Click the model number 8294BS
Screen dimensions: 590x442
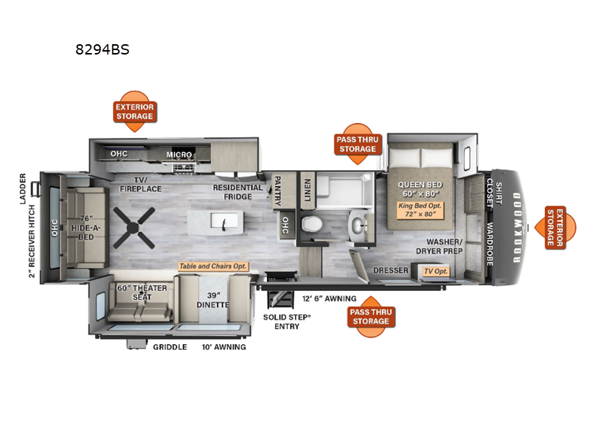[103, 49]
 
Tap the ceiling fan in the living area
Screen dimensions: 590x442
[134, 228]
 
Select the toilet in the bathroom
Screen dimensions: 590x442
[312, 225]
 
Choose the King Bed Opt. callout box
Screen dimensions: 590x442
[420, 210]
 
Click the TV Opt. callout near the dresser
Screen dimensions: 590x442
[436, 271]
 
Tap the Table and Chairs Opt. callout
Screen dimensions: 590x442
[213, 266]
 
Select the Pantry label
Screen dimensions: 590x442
[278, 191]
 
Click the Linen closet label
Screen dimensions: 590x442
[308, 190]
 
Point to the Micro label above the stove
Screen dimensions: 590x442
[179, 155]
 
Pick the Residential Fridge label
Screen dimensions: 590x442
[237, 192]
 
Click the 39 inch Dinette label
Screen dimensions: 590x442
[213, 300]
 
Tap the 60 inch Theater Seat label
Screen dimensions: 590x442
[142, 292]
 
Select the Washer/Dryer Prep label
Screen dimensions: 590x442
[440, 246]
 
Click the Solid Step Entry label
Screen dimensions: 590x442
[287, 322]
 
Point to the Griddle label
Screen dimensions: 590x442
[170, 347]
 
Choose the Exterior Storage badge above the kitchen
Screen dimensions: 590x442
[135, 111]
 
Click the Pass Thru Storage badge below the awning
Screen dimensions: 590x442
[371, 317]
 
